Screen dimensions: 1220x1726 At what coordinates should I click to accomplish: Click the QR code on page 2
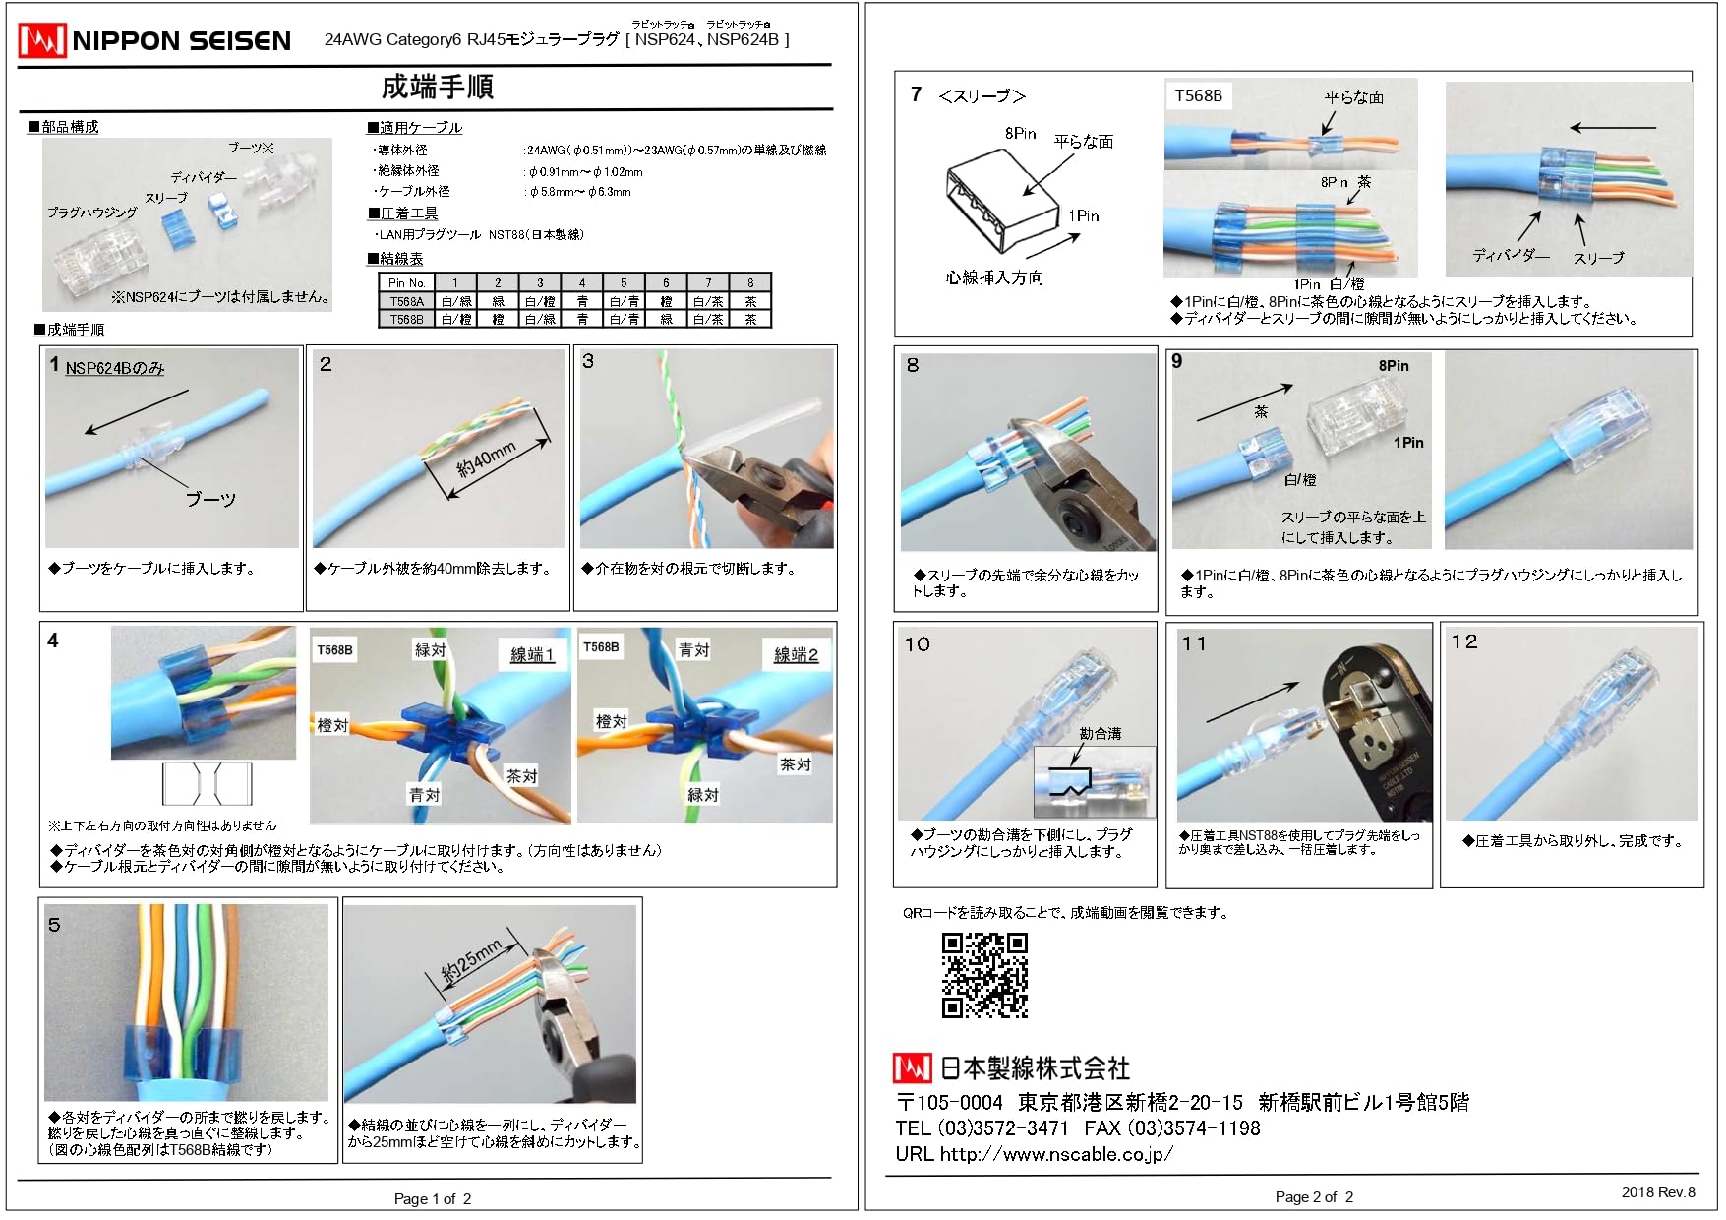(984, 975)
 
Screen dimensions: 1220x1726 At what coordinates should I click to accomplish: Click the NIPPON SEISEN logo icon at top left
(42, 40)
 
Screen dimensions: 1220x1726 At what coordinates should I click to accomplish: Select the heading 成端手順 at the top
(437, 87)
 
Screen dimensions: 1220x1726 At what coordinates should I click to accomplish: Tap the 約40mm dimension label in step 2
(486, 459)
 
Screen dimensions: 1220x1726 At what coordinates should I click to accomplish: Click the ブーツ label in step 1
(210, 499)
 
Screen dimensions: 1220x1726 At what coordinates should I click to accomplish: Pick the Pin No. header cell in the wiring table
(406, 282)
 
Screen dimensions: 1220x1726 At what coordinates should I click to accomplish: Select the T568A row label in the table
(406, 301)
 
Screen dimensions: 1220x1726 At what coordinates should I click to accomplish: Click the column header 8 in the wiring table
(749, 282)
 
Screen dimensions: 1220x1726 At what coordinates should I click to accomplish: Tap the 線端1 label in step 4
(532, 655)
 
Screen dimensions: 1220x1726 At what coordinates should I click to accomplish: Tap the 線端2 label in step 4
(796, 655)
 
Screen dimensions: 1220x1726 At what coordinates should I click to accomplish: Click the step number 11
(1194, 643)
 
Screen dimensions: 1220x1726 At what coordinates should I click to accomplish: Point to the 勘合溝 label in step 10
(1100, 733)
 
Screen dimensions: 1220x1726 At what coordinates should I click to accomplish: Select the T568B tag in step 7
(1198, 95)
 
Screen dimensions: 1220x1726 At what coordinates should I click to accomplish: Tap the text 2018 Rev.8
(1657, 1191)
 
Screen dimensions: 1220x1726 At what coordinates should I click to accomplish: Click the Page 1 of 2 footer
(433, 1198)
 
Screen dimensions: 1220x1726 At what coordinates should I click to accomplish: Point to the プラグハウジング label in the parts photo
(92, 213)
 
